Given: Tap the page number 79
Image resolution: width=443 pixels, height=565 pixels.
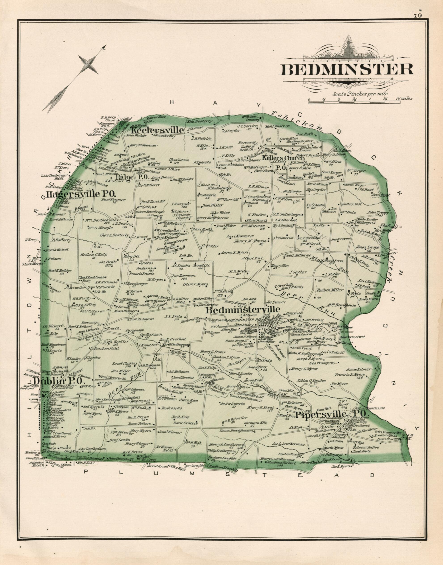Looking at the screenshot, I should pos(418,15).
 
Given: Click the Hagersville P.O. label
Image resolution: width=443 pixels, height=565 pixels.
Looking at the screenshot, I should pos(81,194).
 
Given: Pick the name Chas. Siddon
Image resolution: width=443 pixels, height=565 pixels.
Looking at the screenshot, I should pos(179,160).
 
